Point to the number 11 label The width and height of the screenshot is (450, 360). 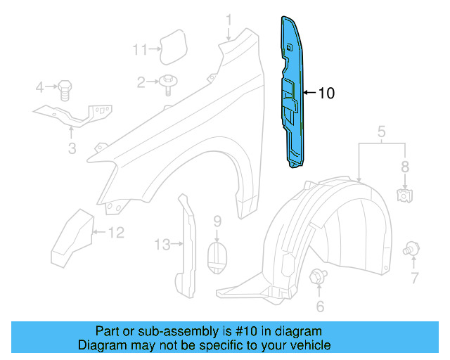pos(140,49)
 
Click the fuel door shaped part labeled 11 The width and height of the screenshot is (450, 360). pos(171,46)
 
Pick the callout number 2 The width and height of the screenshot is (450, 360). pos(141,83)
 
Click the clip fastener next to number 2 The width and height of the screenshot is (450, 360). pos(167,83)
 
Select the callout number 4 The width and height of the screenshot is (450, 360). pos(40,87)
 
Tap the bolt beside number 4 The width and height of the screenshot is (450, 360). pos(64,89)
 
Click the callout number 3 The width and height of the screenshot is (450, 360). pos(72,148)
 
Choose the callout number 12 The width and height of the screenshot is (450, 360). pos(116,231)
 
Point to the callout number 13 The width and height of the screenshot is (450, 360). pos(162,245)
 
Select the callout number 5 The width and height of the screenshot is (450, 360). pos(381,131)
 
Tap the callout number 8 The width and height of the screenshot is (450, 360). pos(404,167)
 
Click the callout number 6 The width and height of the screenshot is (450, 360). pos(320,306)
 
